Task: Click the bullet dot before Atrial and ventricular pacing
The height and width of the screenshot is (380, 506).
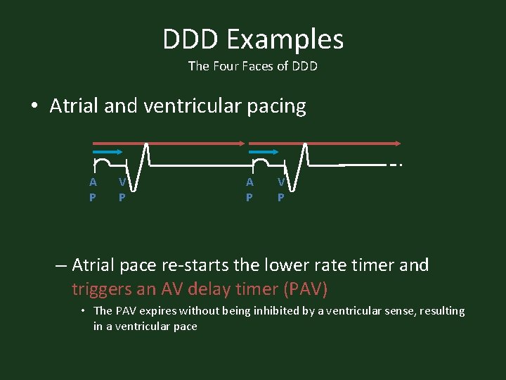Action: [x=34, y=107]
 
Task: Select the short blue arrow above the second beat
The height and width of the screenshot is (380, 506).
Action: [x=265, y=151]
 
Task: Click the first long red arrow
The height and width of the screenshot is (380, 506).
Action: [x=169, y=143]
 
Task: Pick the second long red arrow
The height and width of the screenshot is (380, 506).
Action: [x=323, y=143]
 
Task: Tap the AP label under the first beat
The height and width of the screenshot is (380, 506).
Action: [x=93, y=189]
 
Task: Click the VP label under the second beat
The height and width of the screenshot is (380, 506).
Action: [x=280, y=189]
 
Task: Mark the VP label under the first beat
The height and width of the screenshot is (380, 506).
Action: [x=122, y=189]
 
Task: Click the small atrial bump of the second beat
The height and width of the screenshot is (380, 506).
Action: [x=260, y=162]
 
